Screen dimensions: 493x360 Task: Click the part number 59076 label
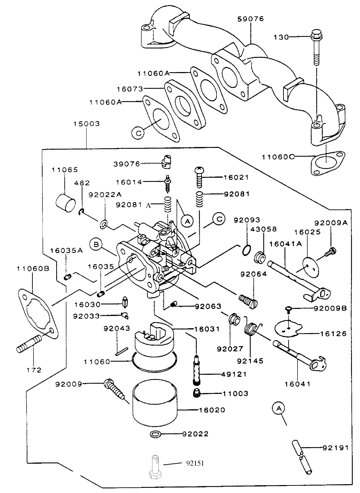point(250,19)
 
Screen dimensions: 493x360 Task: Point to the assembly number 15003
point(86,123)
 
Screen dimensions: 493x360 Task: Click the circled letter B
point(96,245)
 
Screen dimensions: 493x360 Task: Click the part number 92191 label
point(336,448)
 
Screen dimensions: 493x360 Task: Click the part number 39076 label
point(127,164)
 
